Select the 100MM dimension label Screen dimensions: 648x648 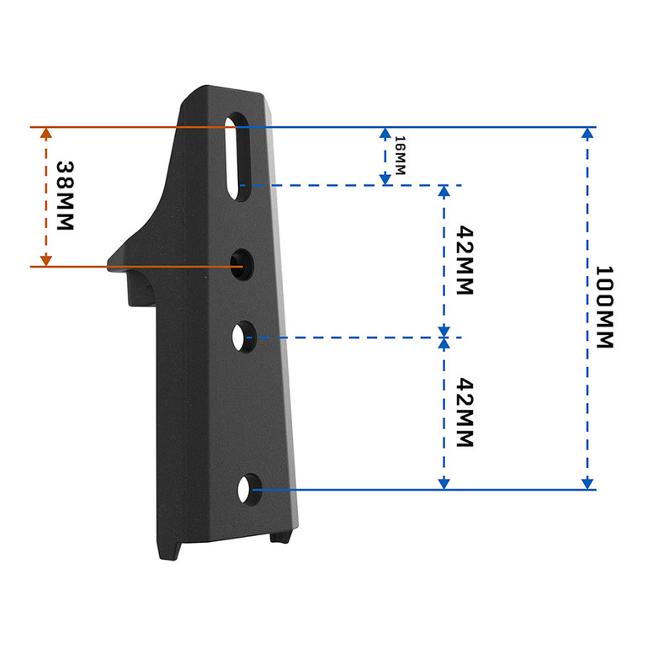[606, 308]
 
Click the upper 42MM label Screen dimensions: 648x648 [462, 259]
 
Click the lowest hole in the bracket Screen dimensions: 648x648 [249, 488]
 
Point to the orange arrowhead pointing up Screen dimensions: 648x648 [45, 135]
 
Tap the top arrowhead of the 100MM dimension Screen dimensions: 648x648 [587, 135]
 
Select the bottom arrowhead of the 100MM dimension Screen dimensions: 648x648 [587, 482]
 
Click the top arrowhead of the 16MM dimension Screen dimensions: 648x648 [385, 135]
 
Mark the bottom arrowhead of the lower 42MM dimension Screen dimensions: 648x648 [444, 482]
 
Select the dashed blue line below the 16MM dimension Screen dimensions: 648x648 [353, 184]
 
